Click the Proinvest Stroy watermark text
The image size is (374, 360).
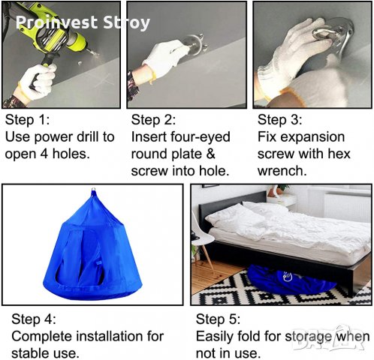click(x=83, y=22)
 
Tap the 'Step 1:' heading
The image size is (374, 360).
click(x=27, y=120)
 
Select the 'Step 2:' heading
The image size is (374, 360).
click(x=153, y=120)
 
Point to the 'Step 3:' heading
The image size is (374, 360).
click(x=279, y=120)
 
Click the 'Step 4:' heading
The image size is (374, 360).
click(x=34, y=319)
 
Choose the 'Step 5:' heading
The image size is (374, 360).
click(x=218, y=319)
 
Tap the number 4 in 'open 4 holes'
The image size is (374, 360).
click(x=44, y=154)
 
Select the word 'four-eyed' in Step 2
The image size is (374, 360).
click(x=201, y=137)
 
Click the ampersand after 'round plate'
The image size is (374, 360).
click(x=211, y=154)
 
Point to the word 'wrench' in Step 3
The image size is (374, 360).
click(x=280, y=172)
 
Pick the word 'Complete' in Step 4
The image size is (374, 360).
click(x=41, y=337)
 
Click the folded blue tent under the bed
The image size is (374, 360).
click(x=291, y=279)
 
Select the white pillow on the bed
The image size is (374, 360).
click(x=235, y=217)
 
